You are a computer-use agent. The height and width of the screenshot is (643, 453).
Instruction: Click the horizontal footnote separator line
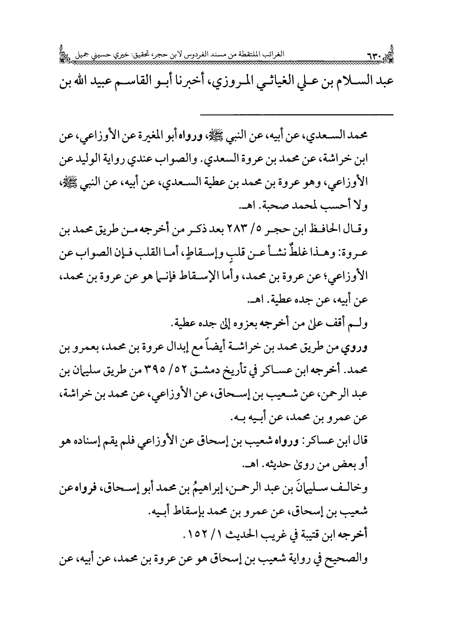tap(297, 115)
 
